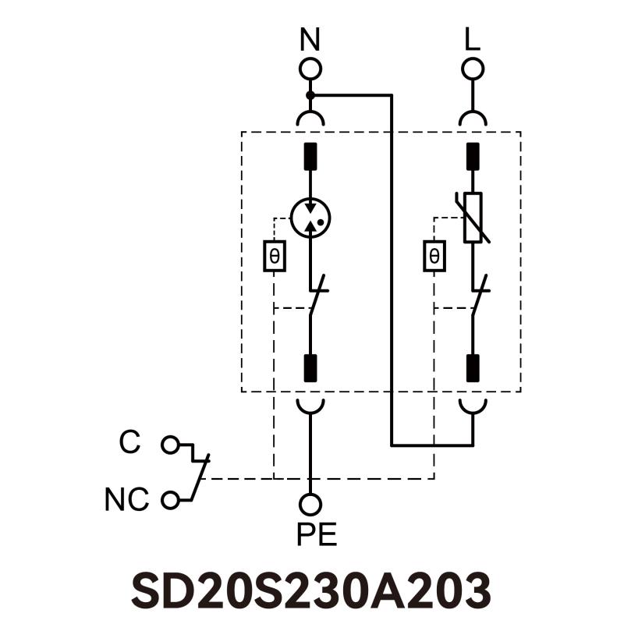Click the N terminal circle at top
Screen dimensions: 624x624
click(310, 69)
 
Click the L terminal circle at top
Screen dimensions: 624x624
click(472, 69)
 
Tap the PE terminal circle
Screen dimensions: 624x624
click(310, 505)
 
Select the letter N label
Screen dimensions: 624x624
click(310, 40)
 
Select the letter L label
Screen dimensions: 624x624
click(472, 40)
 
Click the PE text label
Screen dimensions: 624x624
click(316, 535)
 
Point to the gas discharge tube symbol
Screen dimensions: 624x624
click(310, 217)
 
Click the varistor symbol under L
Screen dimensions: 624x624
click(472, 217)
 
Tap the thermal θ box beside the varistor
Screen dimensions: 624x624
click(434, 256)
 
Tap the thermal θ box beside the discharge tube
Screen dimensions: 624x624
click(274, 256)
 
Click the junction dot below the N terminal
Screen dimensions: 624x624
click(310, 95)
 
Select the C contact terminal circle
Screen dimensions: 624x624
click(169, 445)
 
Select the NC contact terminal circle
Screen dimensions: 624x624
click(169, 500)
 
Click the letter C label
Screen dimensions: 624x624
click(129, 443)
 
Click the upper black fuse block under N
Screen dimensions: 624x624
click(310, 156)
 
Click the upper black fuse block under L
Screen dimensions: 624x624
click(472, 156)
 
